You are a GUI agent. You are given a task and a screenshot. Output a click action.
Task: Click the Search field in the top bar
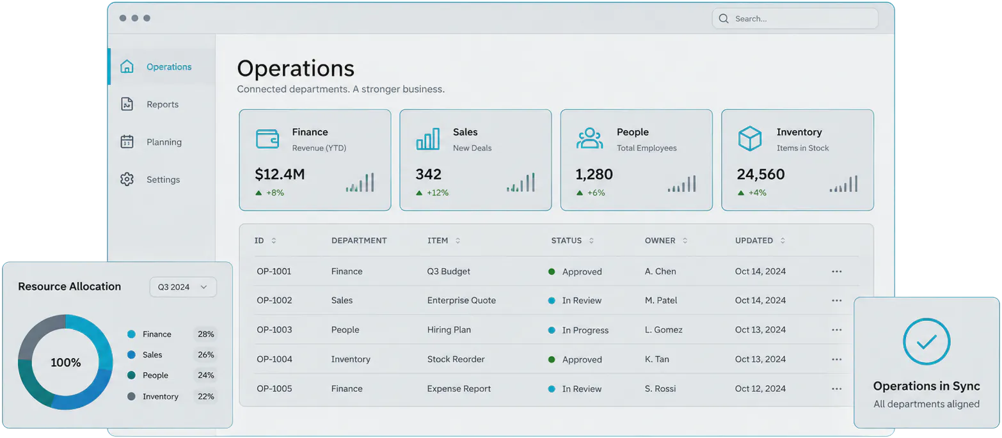(795, 19)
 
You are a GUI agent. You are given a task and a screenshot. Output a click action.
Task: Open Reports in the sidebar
(163, 104)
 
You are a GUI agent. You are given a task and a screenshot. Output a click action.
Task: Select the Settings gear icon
(127, 179)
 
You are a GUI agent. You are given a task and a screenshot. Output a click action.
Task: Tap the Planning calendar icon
(127, 142)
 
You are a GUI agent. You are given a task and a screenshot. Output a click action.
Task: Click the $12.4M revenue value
(280, 174)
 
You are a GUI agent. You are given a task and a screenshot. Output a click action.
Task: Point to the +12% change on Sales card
(437, 192)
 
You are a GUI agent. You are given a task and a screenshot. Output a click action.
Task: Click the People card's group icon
(589, 138)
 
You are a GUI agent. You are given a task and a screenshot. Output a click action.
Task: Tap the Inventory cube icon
(750, 139)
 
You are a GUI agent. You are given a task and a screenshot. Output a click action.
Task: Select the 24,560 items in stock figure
(760, 174)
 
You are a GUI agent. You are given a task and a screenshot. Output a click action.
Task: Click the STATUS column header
(566, 240)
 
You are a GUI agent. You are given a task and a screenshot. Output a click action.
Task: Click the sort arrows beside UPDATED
(783, 240)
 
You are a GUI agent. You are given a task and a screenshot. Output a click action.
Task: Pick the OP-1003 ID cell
(274, 330)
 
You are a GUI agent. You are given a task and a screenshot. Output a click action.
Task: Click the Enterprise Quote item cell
(461, 301)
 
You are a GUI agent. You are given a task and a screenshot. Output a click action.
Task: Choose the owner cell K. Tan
(656, 359)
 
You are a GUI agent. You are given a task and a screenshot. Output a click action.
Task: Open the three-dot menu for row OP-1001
(836, 271)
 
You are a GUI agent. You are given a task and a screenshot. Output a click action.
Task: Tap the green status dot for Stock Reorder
(552, 359)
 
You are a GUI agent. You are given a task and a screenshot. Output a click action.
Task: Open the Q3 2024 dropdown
(183, 287)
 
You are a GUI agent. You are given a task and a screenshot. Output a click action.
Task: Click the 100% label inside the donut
(65, 363)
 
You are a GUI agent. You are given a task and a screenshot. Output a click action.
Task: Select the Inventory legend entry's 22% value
(206, 396)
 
